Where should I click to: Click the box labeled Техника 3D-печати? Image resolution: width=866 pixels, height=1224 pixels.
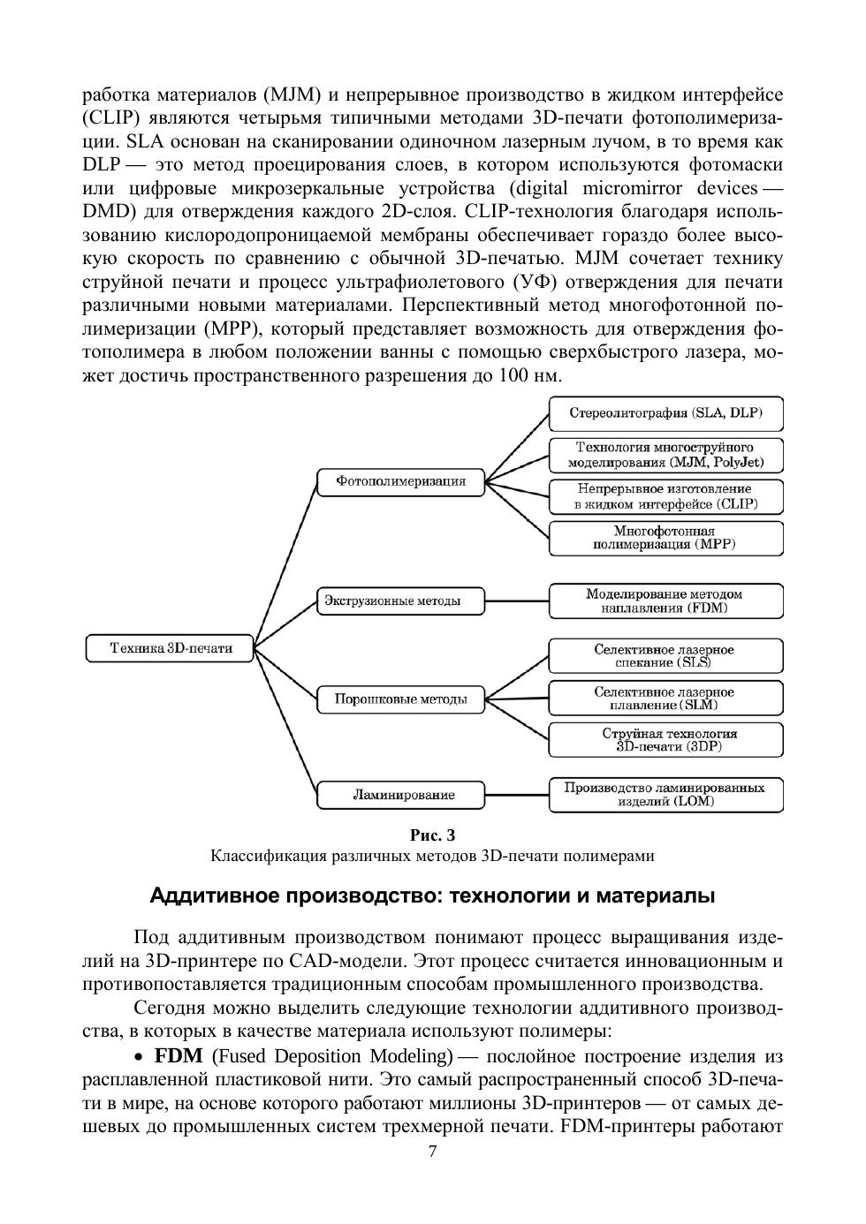point(171,648)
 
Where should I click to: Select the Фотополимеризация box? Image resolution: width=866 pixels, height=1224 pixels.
point(400,482)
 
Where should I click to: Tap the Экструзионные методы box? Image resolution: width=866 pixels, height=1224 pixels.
point(400,601)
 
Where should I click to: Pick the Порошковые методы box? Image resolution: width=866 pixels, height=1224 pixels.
point(400,699)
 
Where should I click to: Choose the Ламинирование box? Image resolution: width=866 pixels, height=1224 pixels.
point(400,795)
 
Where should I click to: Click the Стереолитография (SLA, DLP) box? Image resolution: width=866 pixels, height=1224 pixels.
point(665,413)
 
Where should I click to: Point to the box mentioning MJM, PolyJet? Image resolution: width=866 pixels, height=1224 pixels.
point(665,455)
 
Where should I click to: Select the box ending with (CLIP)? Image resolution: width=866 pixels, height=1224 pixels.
point(665,496)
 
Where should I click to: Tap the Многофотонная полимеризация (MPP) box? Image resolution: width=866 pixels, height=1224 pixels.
point(665,538)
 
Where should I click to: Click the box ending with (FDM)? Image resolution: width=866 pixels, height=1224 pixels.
point(665,601)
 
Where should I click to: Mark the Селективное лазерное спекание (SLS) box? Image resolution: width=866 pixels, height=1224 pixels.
point(665,655)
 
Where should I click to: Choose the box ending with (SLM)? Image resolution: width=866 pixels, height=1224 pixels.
point(665,698)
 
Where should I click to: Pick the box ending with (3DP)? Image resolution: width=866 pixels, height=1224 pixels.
point(665,740)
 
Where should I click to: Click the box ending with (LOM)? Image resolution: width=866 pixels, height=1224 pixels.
point(665,795)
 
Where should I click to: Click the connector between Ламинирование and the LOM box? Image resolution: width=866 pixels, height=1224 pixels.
point(517,795)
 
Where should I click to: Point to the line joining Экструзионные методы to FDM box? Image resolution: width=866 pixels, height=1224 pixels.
point(517,601)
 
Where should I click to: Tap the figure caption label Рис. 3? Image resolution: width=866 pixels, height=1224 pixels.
point(433,835)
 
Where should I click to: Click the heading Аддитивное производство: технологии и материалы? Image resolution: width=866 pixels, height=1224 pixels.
point(432,895)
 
